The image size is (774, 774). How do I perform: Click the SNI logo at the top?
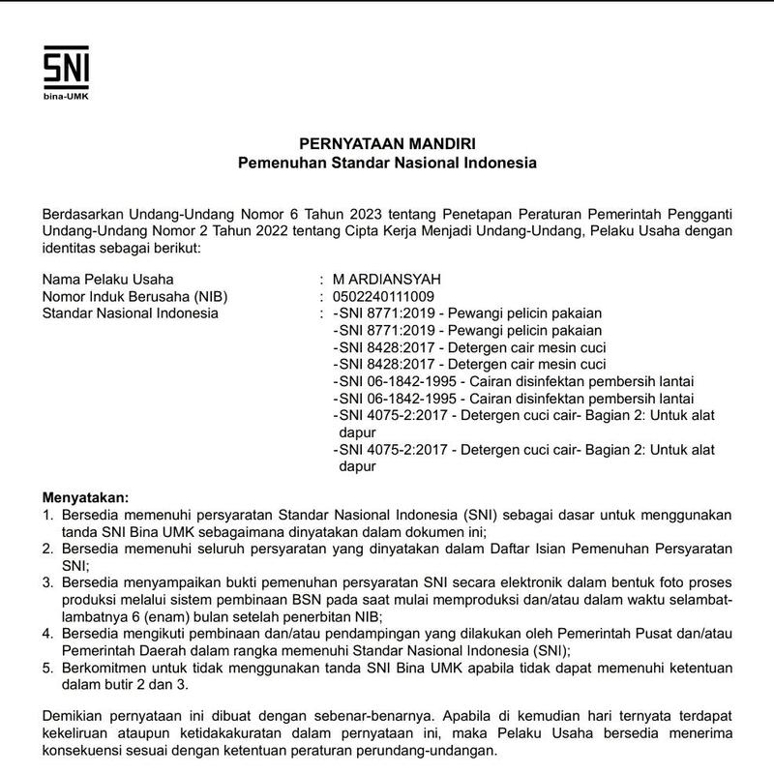pos(66,67)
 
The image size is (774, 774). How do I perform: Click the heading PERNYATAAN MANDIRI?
pos(387,144)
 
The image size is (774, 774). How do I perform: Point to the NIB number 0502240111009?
pos(383,296)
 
